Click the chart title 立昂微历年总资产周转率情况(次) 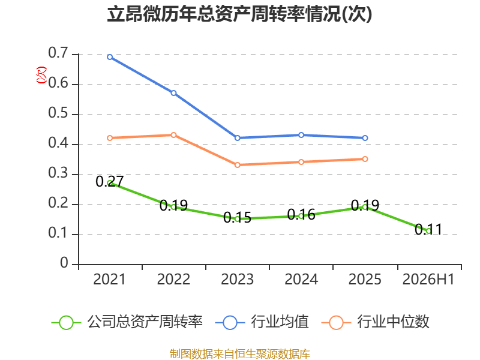pos(239,14)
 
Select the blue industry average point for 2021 pos(110,57)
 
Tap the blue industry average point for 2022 pos(173,93)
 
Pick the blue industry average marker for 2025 pos(365,138)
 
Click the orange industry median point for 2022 pos(173,135)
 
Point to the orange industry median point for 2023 pos(237,165)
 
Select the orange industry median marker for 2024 pos(301,162)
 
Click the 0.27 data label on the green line pos(110,181)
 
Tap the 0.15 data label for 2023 pos(237,218)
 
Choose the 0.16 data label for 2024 pos(301,215)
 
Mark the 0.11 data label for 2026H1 pos(428,230)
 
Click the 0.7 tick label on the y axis pos(58,53)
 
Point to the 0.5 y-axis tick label pos(58,113)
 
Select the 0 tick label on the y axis pos(64,263)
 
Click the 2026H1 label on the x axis pos(428,279)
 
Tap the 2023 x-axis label pos(237,279)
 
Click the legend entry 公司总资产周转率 pos(127,322)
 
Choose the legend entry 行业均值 pos(262,322)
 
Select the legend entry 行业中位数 pos(376,322)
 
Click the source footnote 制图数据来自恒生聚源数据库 pos(240,354)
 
